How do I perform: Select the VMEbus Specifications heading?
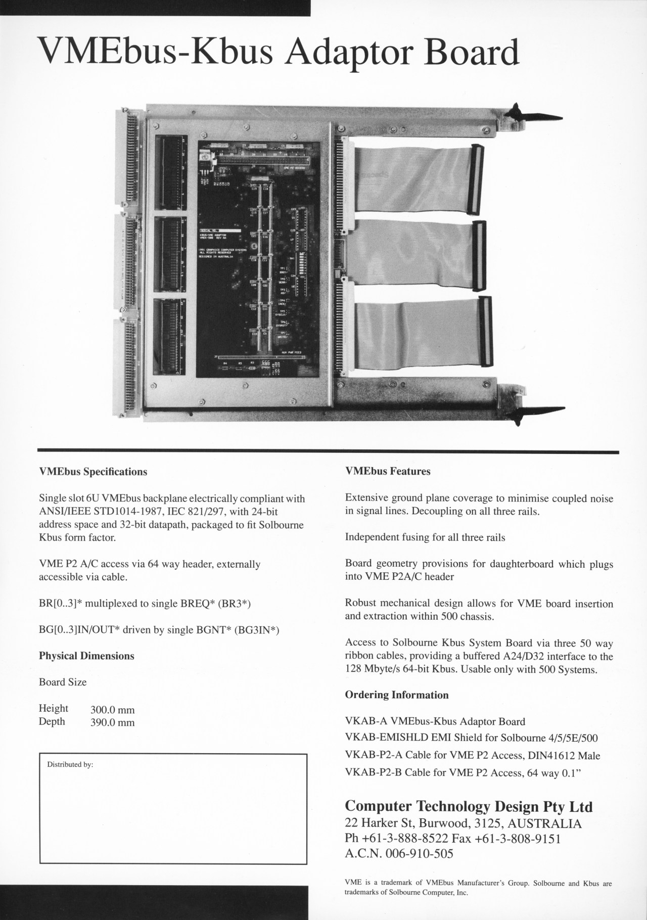pyautogui.click(x=93, y=472)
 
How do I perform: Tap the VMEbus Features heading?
pyautogui.click(x=388, y=471)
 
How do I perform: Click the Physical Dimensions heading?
pyautogui.click(x=86, y=656)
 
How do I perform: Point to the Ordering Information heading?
pyautogui.click(x=397, y=695)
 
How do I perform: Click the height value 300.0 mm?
pyautogui.click(x=112, y=710)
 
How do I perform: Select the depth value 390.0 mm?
pyautogui.click(x=112, y=722)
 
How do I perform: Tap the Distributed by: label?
pyautogui.click(x=70, y=764)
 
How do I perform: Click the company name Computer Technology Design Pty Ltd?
pyautogui.click(x=469, y=806)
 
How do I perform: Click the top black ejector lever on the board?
pyautogui.click(x=531, y=116)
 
